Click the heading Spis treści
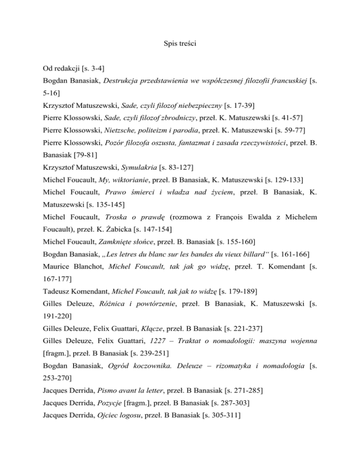180,47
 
